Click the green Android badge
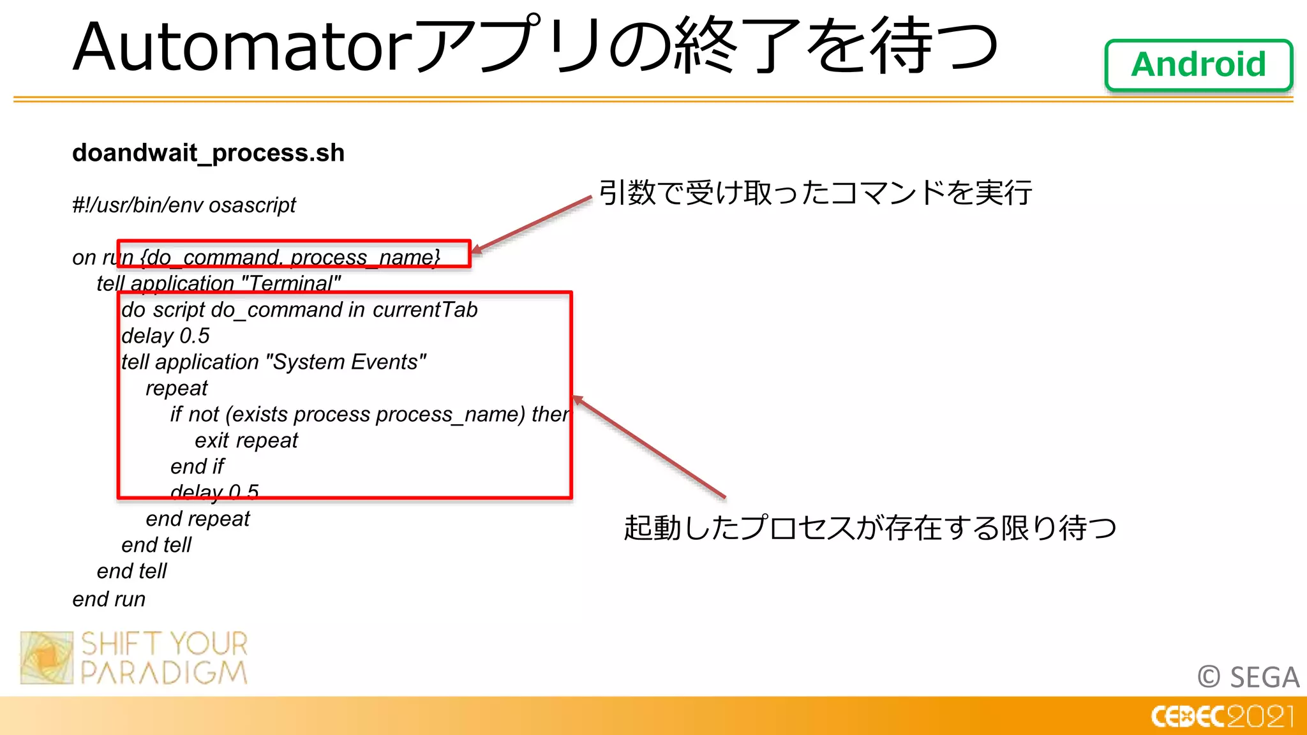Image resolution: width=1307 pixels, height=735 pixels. click(1198, 64)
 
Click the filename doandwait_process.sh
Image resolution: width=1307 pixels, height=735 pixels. click(208, 153)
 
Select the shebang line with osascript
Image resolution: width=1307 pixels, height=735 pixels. click(184, 205)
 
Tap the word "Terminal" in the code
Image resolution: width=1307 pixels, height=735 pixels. click(291, 283)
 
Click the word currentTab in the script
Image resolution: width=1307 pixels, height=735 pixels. click(425, 310)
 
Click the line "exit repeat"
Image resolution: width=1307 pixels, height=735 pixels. click(246, 441)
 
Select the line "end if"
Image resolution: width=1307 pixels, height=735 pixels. click(197, 467)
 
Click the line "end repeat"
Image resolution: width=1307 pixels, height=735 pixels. click(198, 519)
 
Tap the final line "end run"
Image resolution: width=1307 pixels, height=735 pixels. click(109, 600)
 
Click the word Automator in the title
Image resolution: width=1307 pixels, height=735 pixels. click(243, 47)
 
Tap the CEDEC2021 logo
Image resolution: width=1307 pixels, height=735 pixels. click(1222, 716)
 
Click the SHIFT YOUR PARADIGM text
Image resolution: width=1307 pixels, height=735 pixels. click(165, 658)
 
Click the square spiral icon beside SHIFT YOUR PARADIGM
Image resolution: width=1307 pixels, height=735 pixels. click(47, 658)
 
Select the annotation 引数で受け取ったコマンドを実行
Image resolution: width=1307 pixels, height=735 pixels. click(815, 193)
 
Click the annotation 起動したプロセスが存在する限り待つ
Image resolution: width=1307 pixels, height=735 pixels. click(870, 528)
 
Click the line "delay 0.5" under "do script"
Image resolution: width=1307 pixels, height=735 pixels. click(165, 336)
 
